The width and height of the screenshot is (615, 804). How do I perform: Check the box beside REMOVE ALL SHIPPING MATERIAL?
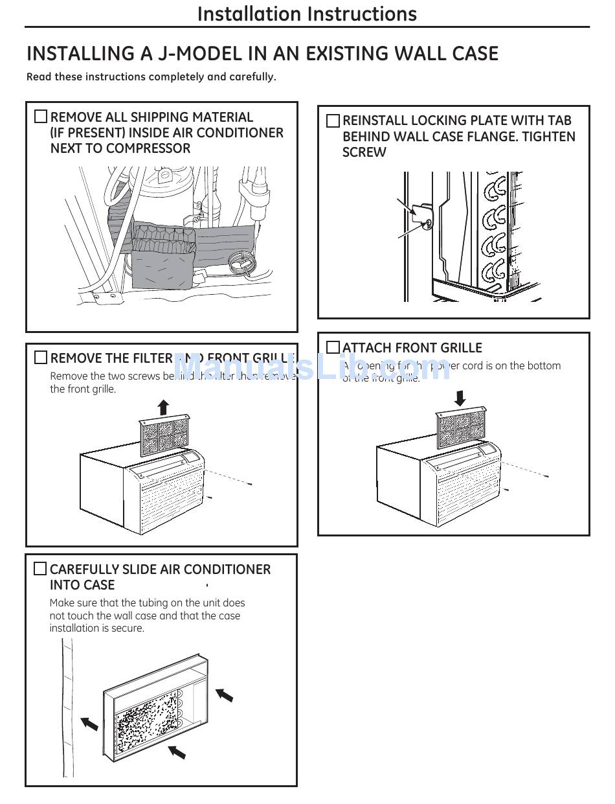point(41,117)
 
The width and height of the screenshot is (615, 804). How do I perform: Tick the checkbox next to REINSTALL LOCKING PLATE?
point(333,121)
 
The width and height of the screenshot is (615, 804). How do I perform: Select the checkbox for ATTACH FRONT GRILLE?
point(333,347)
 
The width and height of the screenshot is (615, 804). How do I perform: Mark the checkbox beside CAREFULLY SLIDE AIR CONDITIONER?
point(40,569)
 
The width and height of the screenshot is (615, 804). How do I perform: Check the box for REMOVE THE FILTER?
point(41,358)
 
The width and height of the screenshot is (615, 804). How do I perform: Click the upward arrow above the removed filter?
point(163,408)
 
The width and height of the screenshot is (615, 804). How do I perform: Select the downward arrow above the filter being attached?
point(460,397)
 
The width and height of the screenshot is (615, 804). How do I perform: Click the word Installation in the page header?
point(249,14)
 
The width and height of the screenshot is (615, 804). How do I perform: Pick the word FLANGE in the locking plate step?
point(493,137)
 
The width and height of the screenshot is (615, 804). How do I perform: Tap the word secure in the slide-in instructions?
point(127,628)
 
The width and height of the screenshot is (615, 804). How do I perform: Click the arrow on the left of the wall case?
point(89,722)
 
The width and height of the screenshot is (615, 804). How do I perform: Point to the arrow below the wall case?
point(176,752)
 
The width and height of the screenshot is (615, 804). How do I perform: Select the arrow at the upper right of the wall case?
point(224,695)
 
